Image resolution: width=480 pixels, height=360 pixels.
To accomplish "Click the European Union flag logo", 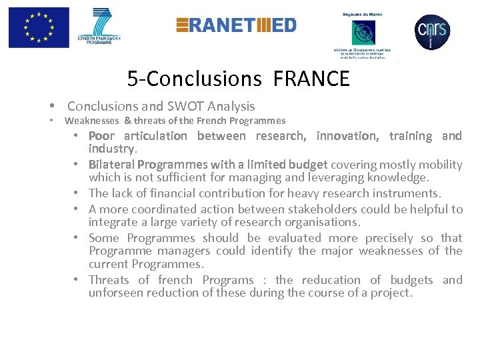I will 39,27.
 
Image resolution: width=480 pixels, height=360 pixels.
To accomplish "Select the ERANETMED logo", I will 236,25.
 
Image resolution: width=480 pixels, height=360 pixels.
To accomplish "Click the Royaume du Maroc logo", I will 364,33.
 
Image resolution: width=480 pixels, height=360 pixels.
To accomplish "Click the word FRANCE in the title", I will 311,79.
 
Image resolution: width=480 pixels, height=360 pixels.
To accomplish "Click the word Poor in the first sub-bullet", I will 102,136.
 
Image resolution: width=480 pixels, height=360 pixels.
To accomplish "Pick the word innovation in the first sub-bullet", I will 347,136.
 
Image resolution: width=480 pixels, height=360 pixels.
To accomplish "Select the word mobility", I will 440,165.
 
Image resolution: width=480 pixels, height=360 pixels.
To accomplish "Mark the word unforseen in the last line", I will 114,293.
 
